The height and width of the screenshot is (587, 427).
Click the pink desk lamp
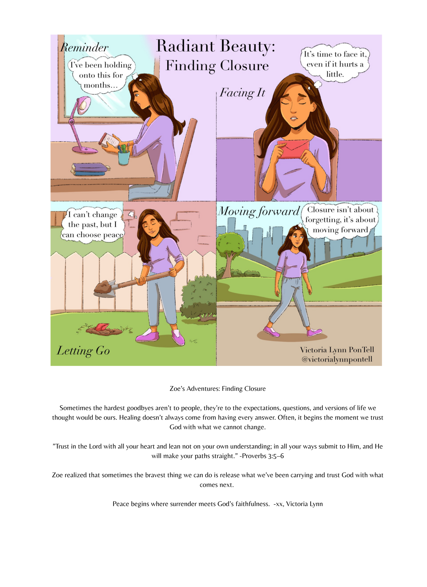pos(78,124)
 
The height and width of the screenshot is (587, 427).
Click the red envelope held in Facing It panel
pos(293,149)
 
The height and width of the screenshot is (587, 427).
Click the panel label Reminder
pos(84,48)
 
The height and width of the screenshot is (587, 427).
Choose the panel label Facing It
pos(242,93)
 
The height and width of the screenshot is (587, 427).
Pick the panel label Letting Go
pos(83,351)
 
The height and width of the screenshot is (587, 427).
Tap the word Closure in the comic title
pos(244,66)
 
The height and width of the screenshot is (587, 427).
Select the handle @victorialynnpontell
pos(337,360)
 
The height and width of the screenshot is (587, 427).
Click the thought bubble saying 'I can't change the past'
pos(93,225)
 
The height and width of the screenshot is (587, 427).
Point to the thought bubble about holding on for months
pos(101,75)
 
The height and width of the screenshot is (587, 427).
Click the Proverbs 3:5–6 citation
pos(261,456)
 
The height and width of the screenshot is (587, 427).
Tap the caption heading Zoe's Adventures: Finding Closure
pos(218,388)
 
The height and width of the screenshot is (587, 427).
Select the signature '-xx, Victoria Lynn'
pos(298,504)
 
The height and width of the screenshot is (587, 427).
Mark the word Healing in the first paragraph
pos(130,418)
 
